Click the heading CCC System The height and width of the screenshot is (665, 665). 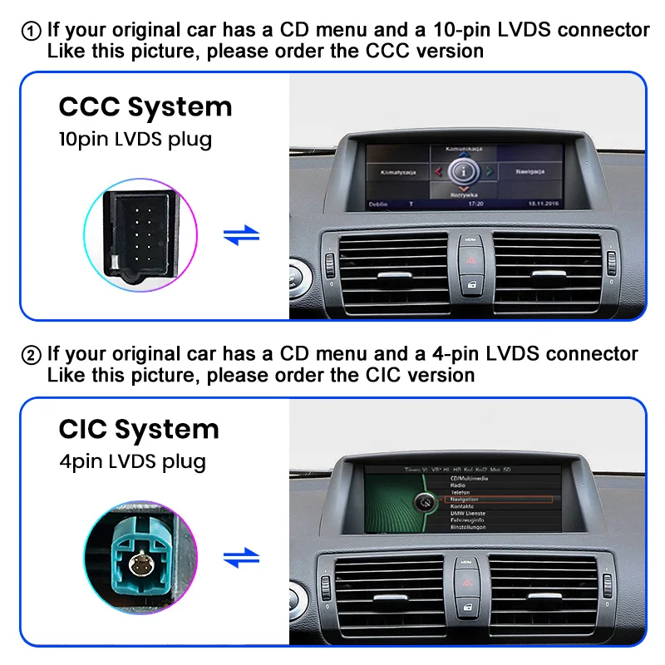[x=145, y=107]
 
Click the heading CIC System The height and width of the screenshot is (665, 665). [x=139, y=429]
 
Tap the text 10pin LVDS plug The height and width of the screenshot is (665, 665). [x=135, y=139]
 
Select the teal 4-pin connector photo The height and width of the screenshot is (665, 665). [x=140, y=559]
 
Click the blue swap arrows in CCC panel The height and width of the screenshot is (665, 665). [x=241, y=236]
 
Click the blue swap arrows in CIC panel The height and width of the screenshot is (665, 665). [x=241, y=559]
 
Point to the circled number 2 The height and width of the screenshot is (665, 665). [x=31, y=355]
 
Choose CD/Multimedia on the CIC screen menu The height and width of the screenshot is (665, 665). [x=470, y=479]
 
